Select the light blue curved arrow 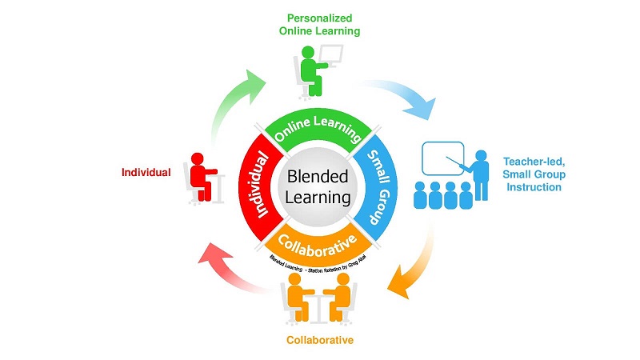[403, 94]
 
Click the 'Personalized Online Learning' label [319, 24]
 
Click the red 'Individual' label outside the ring [146, 172]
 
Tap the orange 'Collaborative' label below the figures [319, 340]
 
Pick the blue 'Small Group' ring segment [377, 185]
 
